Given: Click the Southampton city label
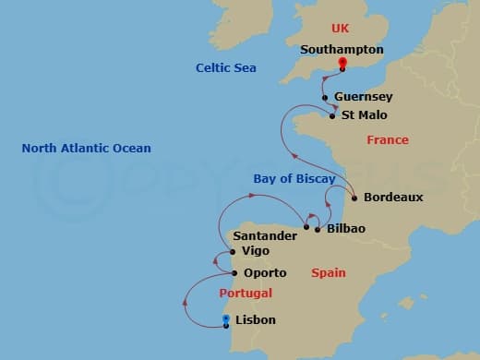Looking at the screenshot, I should (341, 50).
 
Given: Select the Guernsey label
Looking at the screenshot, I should (363, 97).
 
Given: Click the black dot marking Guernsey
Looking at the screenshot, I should (325, 98).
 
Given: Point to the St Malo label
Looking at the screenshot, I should (364, 115).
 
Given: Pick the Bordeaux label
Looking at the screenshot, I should (393, 198).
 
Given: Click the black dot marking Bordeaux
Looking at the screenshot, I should (354, 197).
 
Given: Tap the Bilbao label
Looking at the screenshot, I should (346, 228).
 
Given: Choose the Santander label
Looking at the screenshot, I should (265, 236).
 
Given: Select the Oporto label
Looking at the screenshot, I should (265, 273).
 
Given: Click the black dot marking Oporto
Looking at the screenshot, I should (234, 272).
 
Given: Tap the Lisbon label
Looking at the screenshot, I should (255, 321).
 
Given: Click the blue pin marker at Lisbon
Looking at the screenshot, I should (226, 320).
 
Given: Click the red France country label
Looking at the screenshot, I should (387, 140).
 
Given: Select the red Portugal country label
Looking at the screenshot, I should (246, 294).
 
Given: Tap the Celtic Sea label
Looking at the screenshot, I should (225, 68).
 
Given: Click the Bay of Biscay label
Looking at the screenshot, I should (293, 178).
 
